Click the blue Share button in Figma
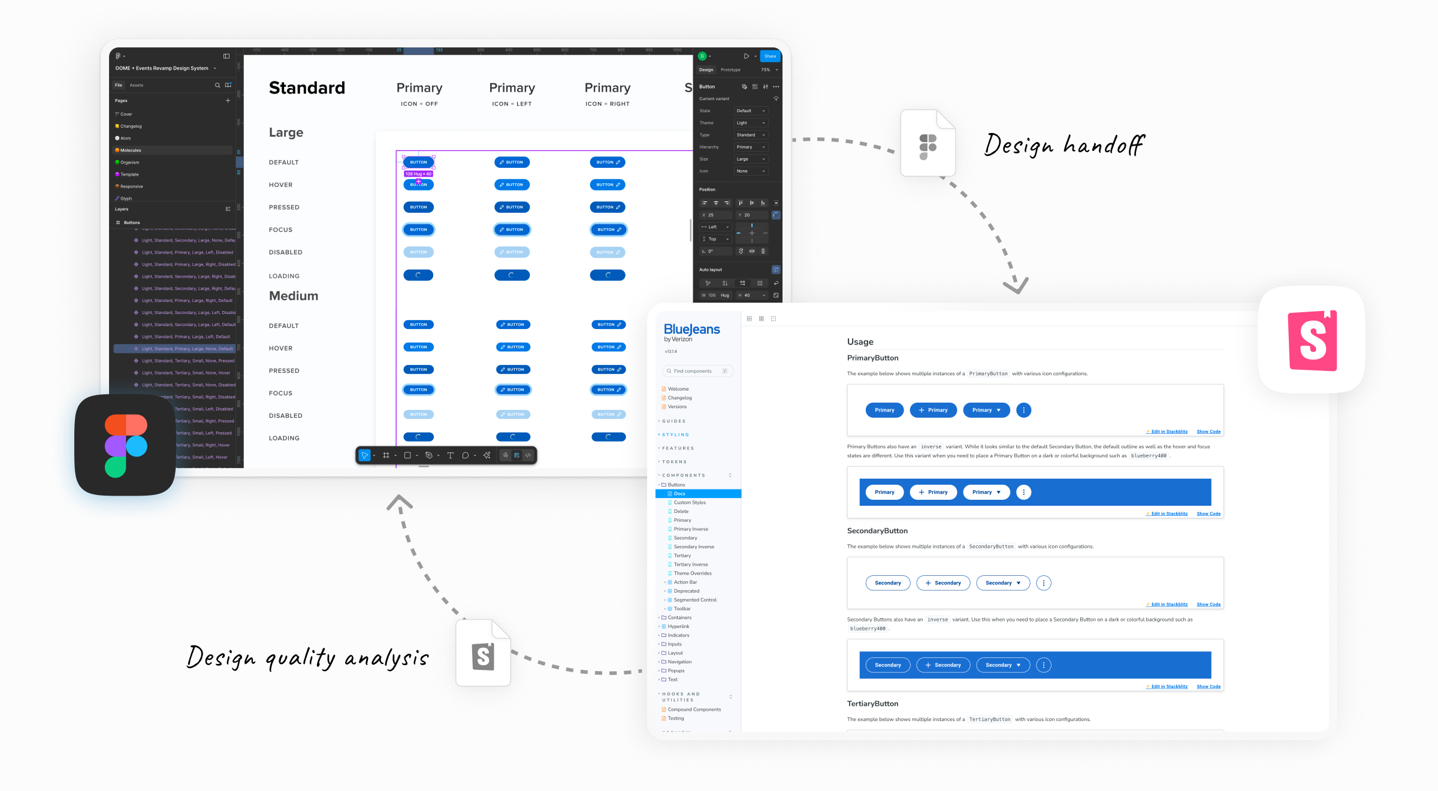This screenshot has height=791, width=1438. click(770, 56)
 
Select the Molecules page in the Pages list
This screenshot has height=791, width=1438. click(131, 150)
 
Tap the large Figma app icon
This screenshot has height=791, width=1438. click(125, 445)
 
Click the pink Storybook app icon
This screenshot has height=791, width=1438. click(1312, 340)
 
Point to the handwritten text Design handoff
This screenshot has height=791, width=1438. click(1064, 146)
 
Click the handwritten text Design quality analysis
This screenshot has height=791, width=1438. click(307, 658)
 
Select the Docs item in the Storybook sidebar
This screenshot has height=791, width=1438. click(679, 494)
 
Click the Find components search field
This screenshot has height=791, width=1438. click(697, 371)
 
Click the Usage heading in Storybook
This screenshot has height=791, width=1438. click(860, 342)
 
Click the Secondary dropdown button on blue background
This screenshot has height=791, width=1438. click(1002, 665)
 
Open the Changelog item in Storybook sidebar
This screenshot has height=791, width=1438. click(679, 398)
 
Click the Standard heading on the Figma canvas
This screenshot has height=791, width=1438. click(307, 88)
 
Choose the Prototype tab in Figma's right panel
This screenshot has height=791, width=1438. click(730, 70)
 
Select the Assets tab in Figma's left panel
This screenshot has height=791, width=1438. click(137, 85)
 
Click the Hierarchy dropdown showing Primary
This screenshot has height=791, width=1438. click(750, 147)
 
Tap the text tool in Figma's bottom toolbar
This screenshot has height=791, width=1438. click(450, 455)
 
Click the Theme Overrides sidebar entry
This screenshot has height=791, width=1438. click(693, 573)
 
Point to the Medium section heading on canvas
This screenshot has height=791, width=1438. click(294, 296)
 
